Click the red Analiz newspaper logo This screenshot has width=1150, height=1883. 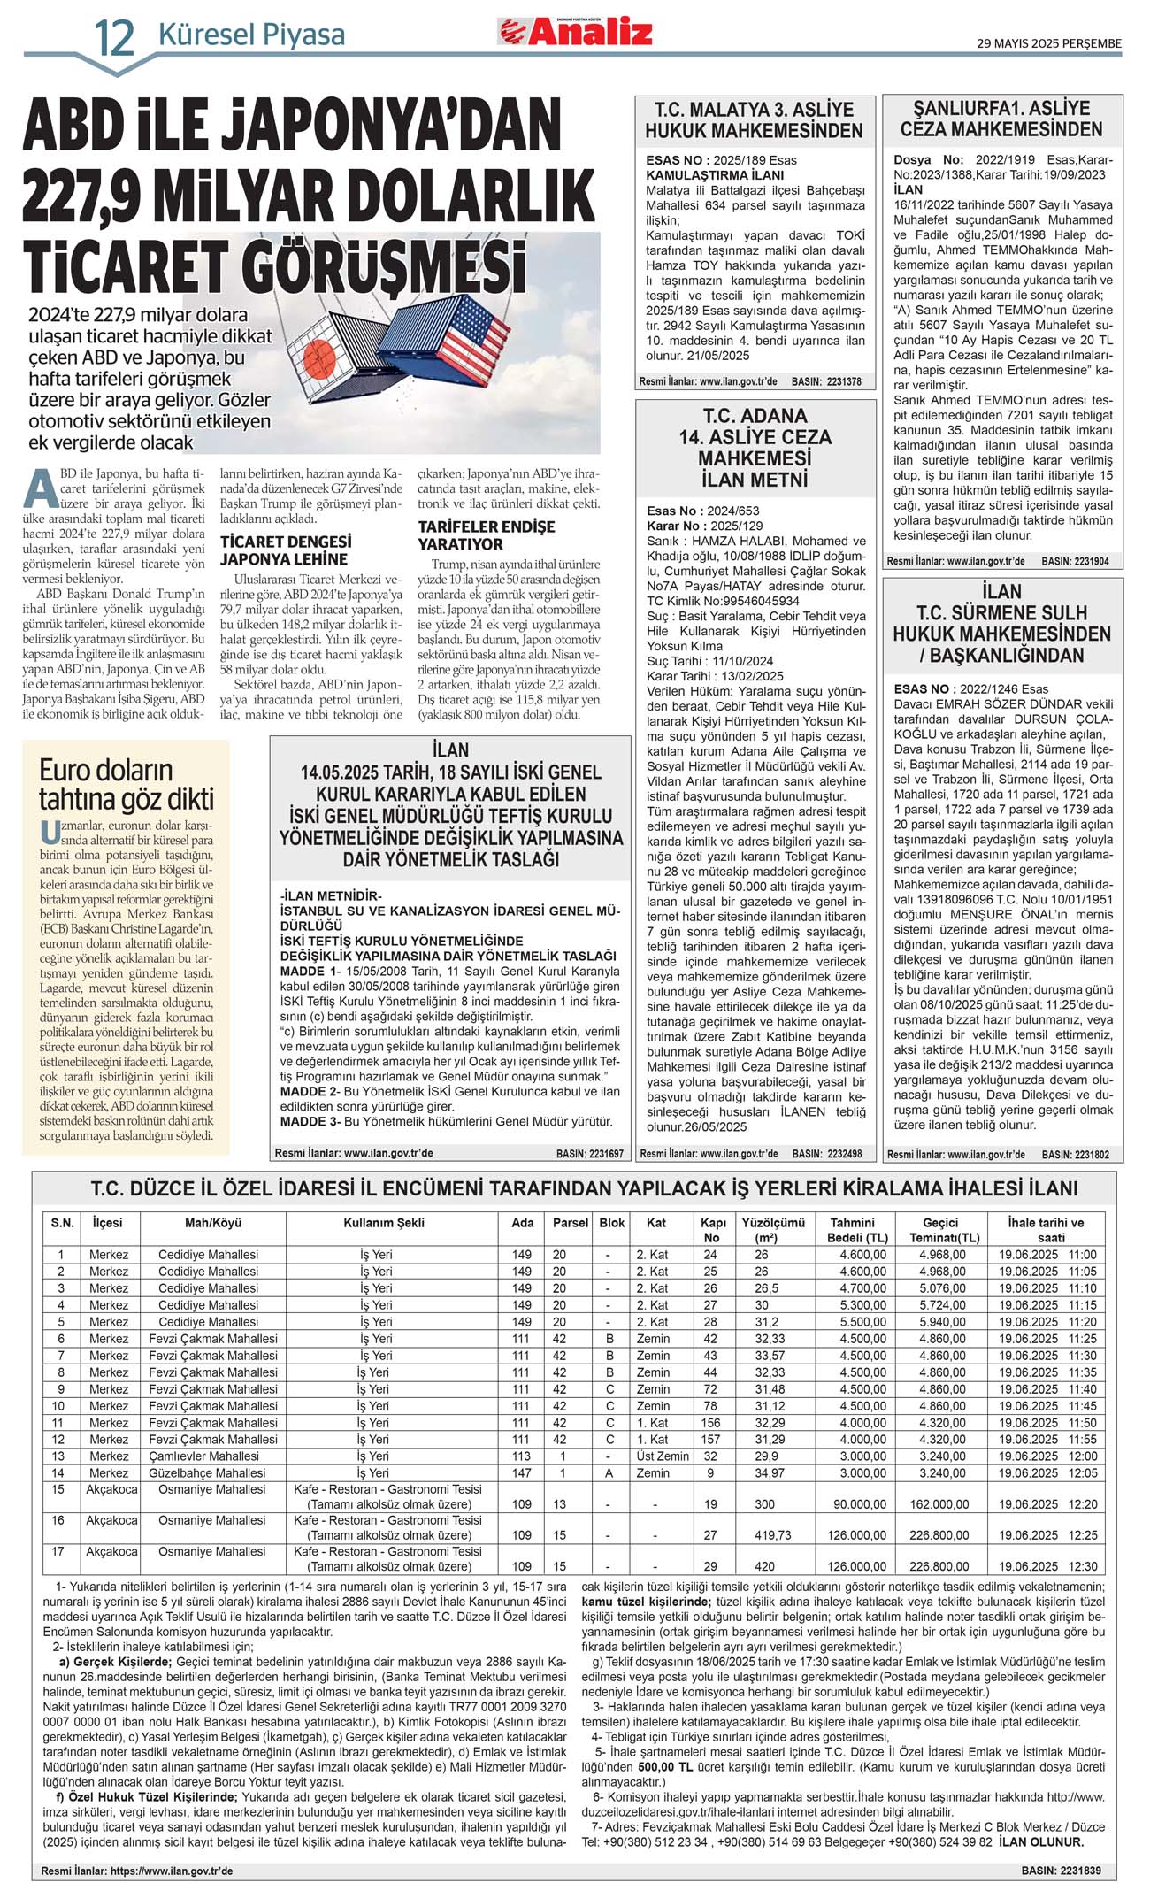[x=575, y=32]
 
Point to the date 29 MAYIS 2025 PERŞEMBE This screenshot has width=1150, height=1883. [x=1049, y=43]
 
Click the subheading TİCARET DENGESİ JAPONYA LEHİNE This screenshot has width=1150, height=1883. [x=285, y=550]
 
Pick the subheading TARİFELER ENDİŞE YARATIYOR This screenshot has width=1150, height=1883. [x=487, y=535]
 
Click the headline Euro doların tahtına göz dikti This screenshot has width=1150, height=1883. [x=126, y=784]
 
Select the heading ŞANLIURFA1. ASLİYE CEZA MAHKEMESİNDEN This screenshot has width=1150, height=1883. [x=1001, y=119]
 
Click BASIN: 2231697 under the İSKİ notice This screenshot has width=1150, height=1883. [x=589, y=1154]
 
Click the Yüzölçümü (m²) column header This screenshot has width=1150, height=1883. [x=772, y=1230]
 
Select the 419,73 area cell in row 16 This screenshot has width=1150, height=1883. [x=772, y=1535]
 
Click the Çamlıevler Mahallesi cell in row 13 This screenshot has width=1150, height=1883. [x=209, y=1456]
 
